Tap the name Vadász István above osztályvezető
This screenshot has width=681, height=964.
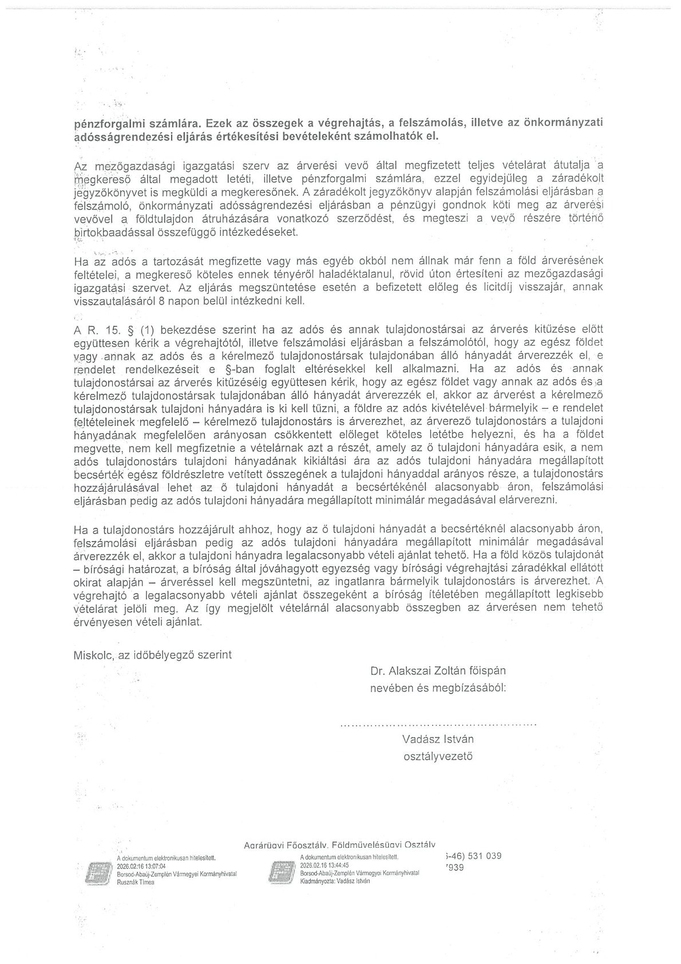coord(438,739)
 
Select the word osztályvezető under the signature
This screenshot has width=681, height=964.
coord(438,756)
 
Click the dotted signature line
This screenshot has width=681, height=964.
coord(438,724)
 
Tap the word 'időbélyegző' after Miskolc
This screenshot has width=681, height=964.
coord(164,655)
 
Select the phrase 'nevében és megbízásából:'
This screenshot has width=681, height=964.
coord(438,688)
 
